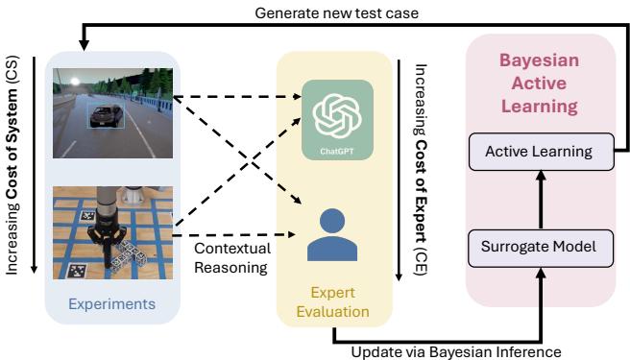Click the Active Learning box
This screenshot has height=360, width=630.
[x=539, y=151]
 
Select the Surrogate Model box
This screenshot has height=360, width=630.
[x=539, y=248]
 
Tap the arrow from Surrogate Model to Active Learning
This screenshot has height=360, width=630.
[x=539, y=199]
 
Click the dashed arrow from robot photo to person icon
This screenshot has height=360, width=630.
[x=240, y=234]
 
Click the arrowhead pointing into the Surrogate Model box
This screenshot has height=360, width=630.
[x=539, y=271]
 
